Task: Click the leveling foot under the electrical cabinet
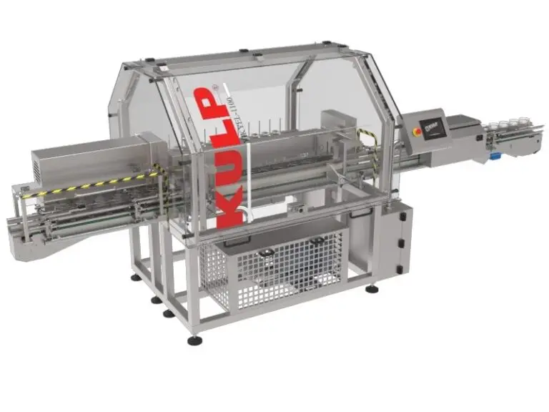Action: [371, 290]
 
